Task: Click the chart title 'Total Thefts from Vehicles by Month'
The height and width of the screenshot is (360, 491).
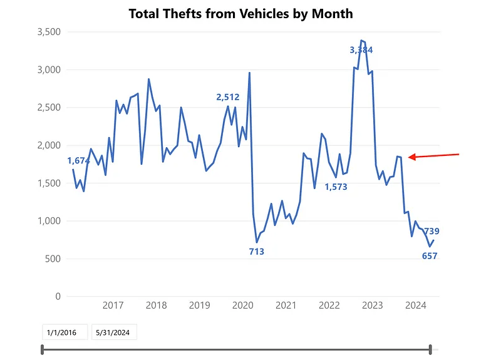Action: click(x=240, y=13)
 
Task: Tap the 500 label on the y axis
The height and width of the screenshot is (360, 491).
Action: click(x=52, y=259)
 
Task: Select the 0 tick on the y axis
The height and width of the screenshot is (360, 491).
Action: click(x=58, y=296)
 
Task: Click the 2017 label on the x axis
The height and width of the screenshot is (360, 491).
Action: click(x=113, y=306)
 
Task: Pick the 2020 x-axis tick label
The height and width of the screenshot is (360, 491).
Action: click(x=242, y=306)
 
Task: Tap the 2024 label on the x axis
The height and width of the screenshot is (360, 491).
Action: click(x=416, y=306)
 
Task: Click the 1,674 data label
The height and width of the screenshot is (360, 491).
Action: click(x=79, y=161)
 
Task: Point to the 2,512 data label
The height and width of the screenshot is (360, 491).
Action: click(x=228, y=97)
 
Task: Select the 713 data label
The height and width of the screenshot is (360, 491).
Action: click(x=257, y=252)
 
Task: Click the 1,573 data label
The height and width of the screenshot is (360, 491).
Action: click(x=336, y=187)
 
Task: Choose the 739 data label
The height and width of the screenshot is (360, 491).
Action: click(x=431, y=231)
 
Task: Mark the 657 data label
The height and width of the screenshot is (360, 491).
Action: click(x=430, y=255)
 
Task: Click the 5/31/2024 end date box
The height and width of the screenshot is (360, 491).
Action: click(x=114, y=332)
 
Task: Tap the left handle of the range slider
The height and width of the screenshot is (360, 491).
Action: click(x=43, y=349)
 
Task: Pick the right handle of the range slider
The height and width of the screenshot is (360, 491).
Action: click(x=431, y=349)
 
